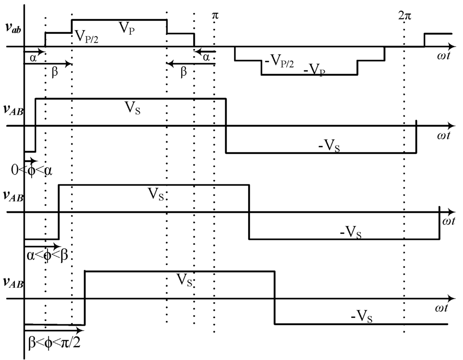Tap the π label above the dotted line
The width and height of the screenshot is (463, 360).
(215, 15)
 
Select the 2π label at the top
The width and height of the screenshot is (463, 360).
(405, 15)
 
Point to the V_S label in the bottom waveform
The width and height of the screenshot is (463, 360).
(185, 281)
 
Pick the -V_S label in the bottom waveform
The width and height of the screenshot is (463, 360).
(362, 318)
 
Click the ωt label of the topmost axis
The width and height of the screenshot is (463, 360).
(443, 56)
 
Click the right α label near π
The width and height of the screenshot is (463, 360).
(206, 57)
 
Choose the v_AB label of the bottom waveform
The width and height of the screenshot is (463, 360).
(14, 282)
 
